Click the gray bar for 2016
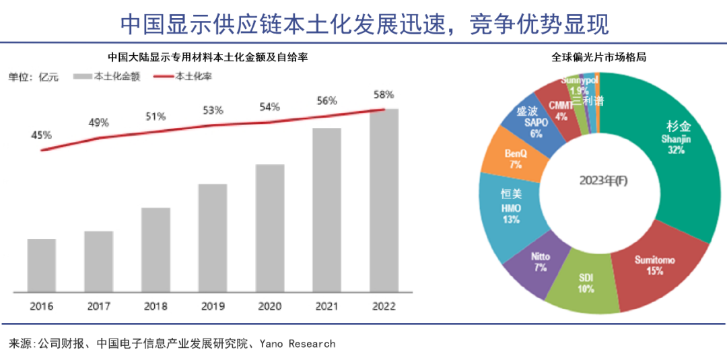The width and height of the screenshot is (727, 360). click(x=42, y=265)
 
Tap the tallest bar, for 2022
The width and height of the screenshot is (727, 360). click(x=384, y=201)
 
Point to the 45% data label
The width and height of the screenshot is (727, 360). click(x=41, y=135)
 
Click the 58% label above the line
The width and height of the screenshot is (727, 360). click(x=384, y=94)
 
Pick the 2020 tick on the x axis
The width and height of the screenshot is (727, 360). click(x=269, y=306)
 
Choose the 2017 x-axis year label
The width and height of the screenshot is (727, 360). click(x=99, y=306)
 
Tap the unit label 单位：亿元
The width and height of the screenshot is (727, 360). click(x=33, y=77)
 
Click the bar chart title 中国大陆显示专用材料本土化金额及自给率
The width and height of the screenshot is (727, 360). click(x=208, y=58)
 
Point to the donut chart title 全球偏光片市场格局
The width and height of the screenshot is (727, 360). click(x=598, y=58)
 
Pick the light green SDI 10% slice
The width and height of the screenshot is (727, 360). click(x=586, y=286)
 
